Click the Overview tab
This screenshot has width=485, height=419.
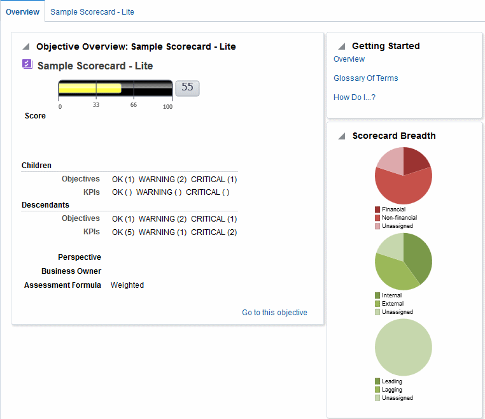pyautogui.click(x=22, y=12)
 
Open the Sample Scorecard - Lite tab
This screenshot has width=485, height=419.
pyautogui.click(x=92, y=12)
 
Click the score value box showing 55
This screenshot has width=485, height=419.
pyautogui.click(x=187, y=88)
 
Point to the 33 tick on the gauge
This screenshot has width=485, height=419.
pyautogui.click(x=96, y=105)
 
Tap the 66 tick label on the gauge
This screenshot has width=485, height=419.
pyautogui.click(x=134, y=105)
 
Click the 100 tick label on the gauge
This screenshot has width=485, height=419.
pyautogui.click(x=167, y=106)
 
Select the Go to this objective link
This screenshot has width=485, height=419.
pyautogui.click(x=274, y=313)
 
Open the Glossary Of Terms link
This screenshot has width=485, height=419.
pyautogui.click(x=366, y=78)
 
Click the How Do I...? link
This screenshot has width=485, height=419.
pyautogui.click(x=355, y=97)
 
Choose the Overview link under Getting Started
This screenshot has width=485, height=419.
pyautogui.click(x=349, y=59)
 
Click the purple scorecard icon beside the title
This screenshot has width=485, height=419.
pyautogui.click(x=27, y=64)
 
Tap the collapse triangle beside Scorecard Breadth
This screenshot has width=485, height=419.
pyautogui.click(x=342, y=136)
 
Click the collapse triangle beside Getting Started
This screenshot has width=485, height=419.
pyautogui.click(x=342, y=46)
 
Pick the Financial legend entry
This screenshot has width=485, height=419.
pyautogui.click(x=393, y=209)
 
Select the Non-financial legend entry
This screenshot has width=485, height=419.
pyautogui.click(x=399, y=218)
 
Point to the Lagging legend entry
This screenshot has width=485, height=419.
pyautogui.click(x=391, y=390)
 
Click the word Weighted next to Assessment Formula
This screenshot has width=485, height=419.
pyautogui.click(x=127, y=285)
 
